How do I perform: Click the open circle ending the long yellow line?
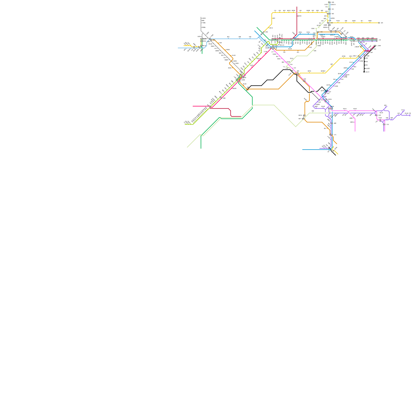(379, 23)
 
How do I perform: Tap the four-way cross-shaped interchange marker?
(273, 48)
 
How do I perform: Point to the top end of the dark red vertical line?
(297, 7)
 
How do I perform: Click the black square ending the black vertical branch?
(364, 72)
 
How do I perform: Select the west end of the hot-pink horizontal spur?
(193, 106)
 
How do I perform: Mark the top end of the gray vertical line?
(201, 17)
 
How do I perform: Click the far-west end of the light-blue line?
(178, 48)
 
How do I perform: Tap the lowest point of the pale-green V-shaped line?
(296, 127)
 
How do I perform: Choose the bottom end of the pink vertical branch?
(355, 132)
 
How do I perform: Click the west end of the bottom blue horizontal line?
(302, 150)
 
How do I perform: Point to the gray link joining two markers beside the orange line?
(304, 117)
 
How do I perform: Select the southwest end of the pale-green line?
(187, 147)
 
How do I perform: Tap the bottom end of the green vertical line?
(201, 148)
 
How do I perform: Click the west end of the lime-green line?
(185, 124)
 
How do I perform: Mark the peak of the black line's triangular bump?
(322, 87)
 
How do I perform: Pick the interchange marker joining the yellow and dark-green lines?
(263, 33)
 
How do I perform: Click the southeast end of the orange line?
(337, 144)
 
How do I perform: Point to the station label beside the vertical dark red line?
(300, 16)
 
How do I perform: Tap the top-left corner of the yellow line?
(272, 13)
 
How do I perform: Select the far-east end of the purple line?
(410, 115)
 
